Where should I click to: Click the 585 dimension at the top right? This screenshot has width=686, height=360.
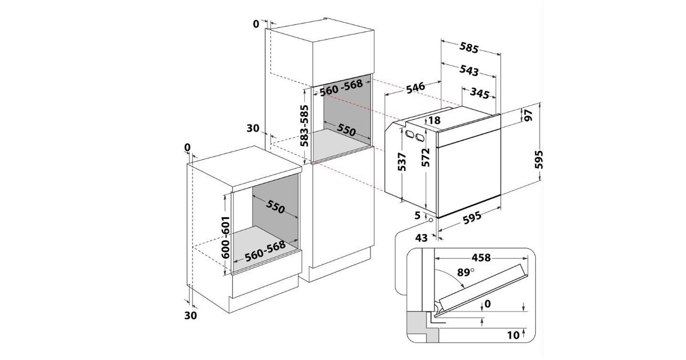pos(469,47)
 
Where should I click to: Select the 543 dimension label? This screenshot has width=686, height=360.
pos(469,70)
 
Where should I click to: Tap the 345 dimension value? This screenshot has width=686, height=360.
pos(480,93)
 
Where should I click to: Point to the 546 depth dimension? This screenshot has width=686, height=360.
pos(416,87)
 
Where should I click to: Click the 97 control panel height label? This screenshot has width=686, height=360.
pos(528,115)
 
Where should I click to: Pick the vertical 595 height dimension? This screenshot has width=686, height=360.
pos(539,159)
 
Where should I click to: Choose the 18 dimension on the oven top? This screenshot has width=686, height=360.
pos(434,121)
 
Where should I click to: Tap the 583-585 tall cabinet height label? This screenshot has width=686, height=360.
pos(304,126)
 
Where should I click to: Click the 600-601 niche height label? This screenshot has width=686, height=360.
pos(225,238)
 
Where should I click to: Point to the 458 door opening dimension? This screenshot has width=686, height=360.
pos(481,258)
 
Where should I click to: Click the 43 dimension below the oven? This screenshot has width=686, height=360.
pos(421,238)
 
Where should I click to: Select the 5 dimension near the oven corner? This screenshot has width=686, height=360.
pos(417,215)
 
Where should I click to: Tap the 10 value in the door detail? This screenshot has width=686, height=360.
pos(513,335)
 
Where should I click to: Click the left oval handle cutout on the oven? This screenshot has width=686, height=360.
pos(409,134)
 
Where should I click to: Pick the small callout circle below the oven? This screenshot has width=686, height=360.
pos(431,220)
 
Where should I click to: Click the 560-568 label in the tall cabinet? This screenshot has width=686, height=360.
pos(341,88)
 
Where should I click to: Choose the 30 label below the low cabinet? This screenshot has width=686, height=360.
pos(190,315)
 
